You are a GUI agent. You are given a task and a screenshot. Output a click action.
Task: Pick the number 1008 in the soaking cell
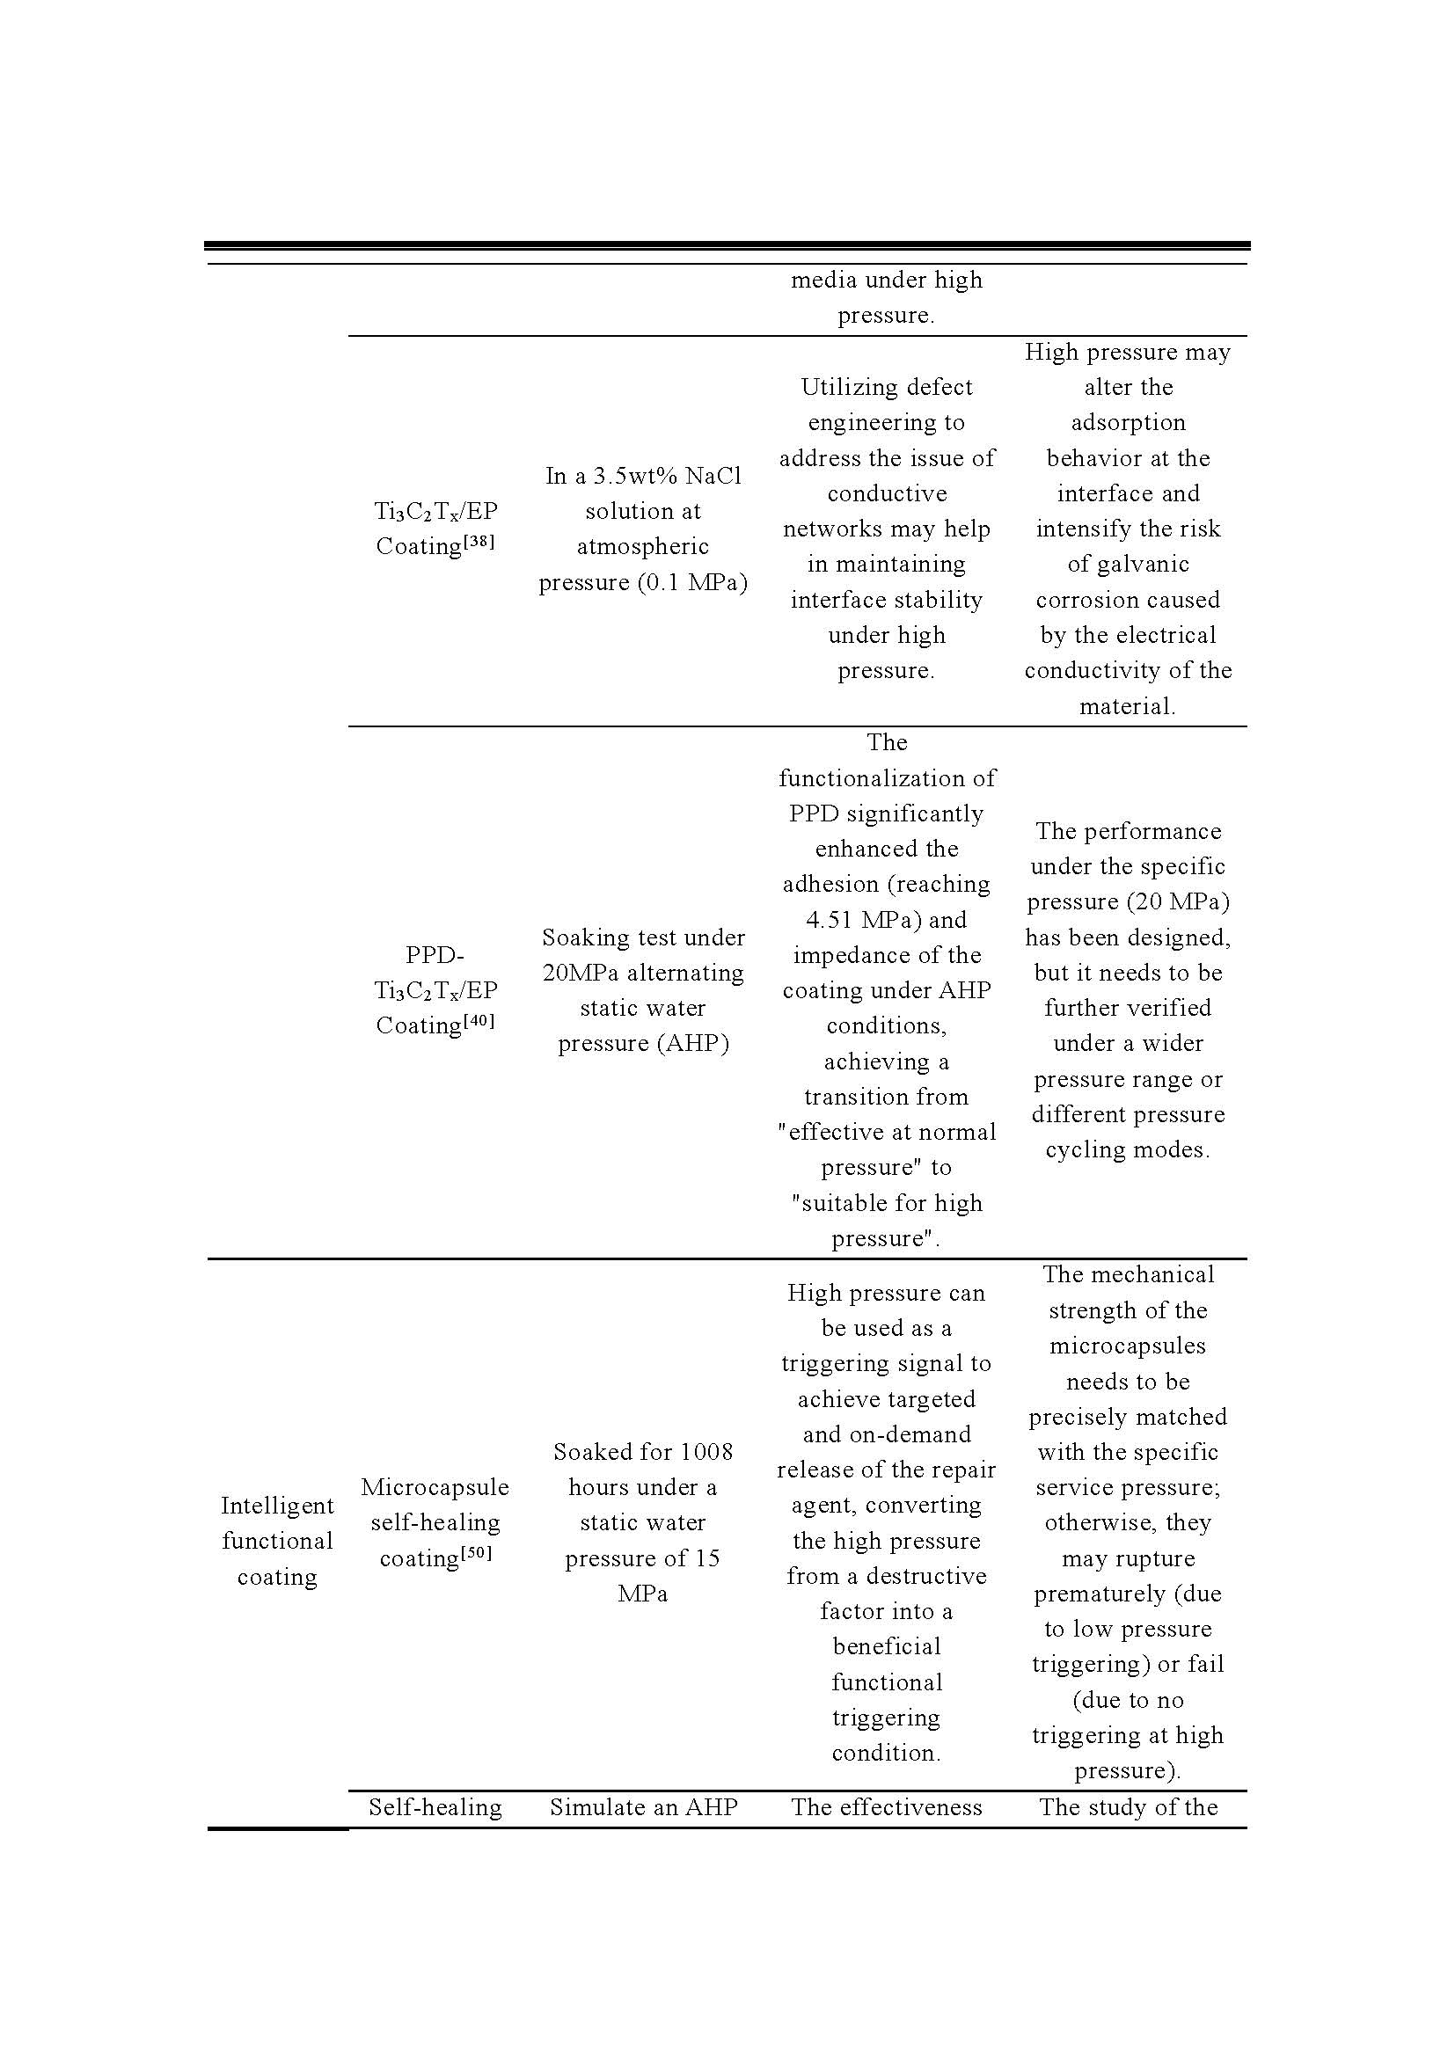click(706, 1451)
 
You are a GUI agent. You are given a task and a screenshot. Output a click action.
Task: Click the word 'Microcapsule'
click(435, 1487)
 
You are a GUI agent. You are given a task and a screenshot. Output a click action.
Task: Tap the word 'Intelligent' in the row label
click(277, 1505)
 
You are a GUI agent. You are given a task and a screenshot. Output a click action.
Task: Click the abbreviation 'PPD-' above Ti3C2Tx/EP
click(435, 955)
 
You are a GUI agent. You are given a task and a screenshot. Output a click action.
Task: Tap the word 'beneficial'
click(886, 1645)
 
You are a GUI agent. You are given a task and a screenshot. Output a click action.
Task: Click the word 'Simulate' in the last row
click(591, 1807)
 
